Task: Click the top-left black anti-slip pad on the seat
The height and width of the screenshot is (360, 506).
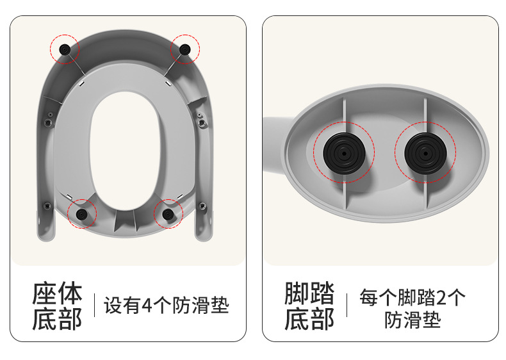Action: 65,49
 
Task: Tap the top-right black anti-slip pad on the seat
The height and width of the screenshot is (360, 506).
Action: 185,49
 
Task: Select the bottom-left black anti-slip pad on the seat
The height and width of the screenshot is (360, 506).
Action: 81,213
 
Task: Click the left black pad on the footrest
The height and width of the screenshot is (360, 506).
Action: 345,153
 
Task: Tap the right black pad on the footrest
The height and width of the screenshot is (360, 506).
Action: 426,153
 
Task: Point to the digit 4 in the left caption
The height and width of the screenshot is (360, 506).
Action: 147,305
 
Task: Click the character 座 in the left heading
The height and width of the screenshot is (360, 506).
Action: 45,293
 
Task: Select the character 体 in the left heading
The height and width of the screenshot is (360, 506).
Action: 70,293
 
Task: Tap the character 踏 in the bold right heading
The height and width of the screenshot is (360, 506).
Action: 322,293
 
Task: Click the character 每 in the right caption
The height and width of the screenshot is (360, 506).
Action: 369,297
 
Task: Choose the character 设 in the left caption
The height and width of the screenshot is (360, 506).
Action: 113,305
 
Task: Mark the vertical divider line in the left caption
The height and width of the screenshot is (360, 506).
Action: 94,305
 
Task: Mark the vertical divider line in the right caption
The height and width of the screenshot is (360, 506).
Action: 347,305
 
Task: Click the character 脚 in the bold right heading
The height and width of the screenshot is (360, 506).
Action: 297,293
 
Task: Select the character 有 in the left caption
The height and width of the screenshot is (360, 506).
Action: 131,305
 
